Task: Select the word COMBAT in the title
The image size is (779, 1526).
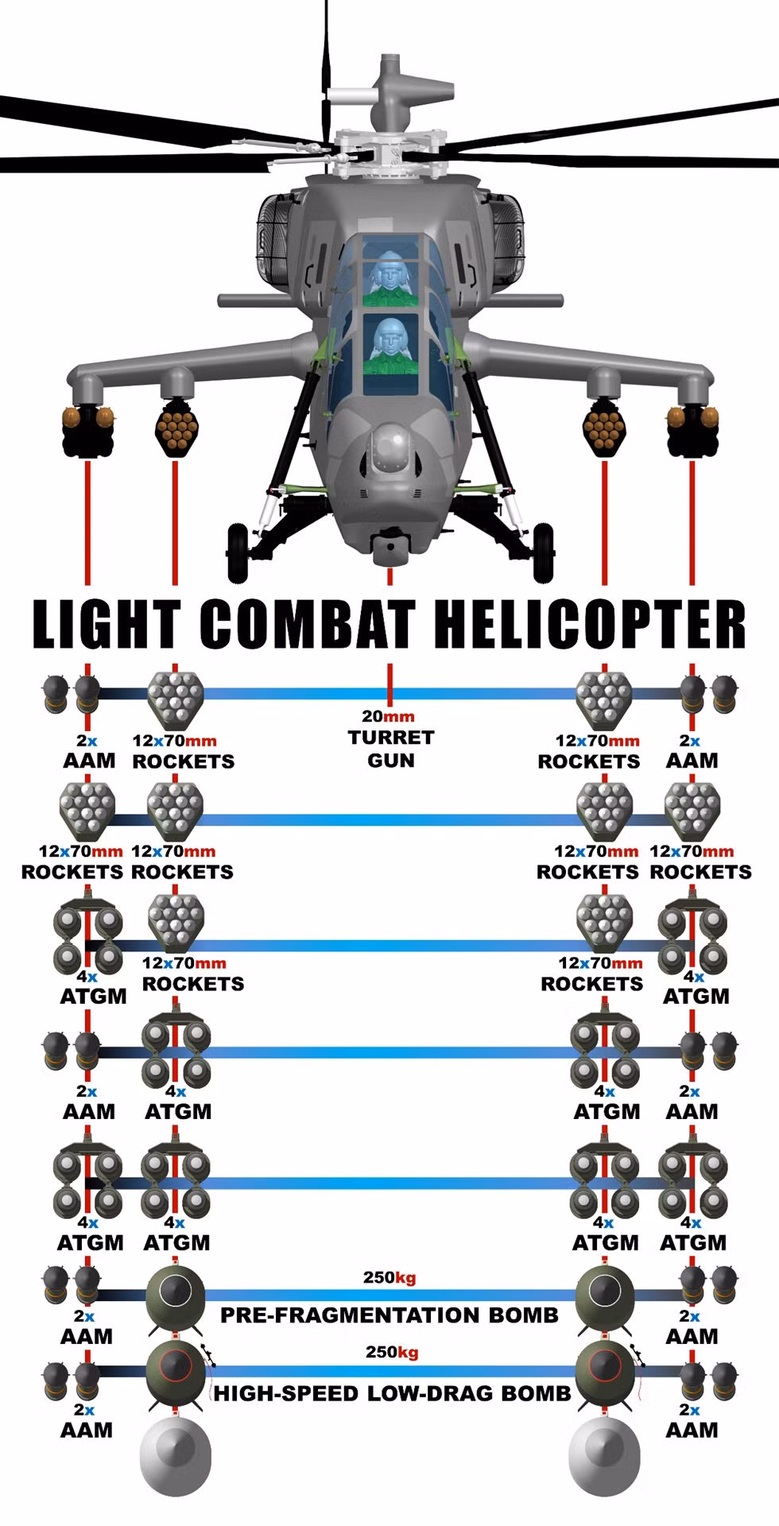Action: (x=307, y=624)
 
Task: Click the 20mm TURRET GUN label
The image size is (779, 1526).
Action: (x=390, y=738)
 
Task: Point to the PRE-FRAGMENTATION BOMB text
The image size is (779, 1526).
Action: (x=389, y=1315)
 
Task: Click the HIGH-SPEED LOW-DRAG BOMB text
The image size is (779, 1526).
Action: (x=392, y=1392)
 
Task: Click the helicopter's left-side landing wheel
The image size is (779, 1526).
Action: (x=237, y=551)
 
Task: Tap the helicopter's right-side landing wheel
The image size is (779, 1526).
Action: (x=542, y=551)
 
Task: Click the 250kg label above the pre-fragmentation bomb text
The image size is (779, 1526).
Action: (x=389, y=1278)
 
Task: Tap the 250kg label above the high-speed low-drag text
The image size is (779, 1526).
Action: (x=391, y=1353)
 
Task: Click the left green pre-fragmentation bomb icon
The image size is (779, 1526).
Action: (x=176, y=1298)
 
